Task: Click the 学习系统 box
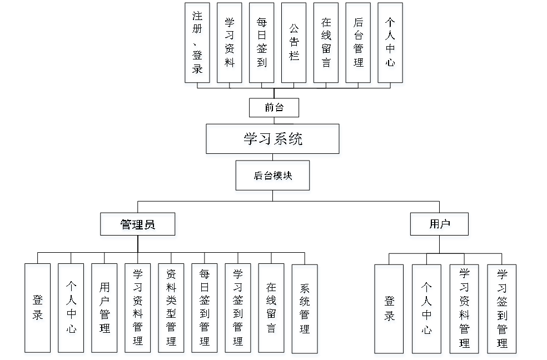(273, 141)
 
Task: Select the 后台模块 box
(273, 177)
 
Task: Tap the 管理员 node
(138, 226)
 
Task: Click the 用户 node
(440, 226)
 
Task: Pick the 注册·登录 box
(198, 44)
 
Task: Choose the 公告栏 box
(294, 44)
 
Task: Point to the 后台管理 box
(359, 44)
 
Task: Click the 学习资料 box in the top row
(230, 44)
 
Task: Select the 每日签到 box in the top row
(262, 44)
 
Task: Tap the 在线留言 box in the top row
(326, 44)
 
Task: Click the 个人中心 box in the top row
(391, 44)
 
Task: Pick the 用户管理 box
(105, 309)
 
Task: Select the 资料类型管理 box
(172, 309)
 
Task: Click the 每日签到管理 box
(205, 309)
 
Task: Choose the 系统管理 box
(305, 309)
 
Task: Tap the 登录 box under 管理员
(38, 309)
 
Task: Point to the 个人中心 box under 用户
(427, 310)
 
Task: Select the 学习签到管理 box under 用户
(503, 310)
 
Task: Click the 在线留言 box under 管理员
(272, 309)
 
